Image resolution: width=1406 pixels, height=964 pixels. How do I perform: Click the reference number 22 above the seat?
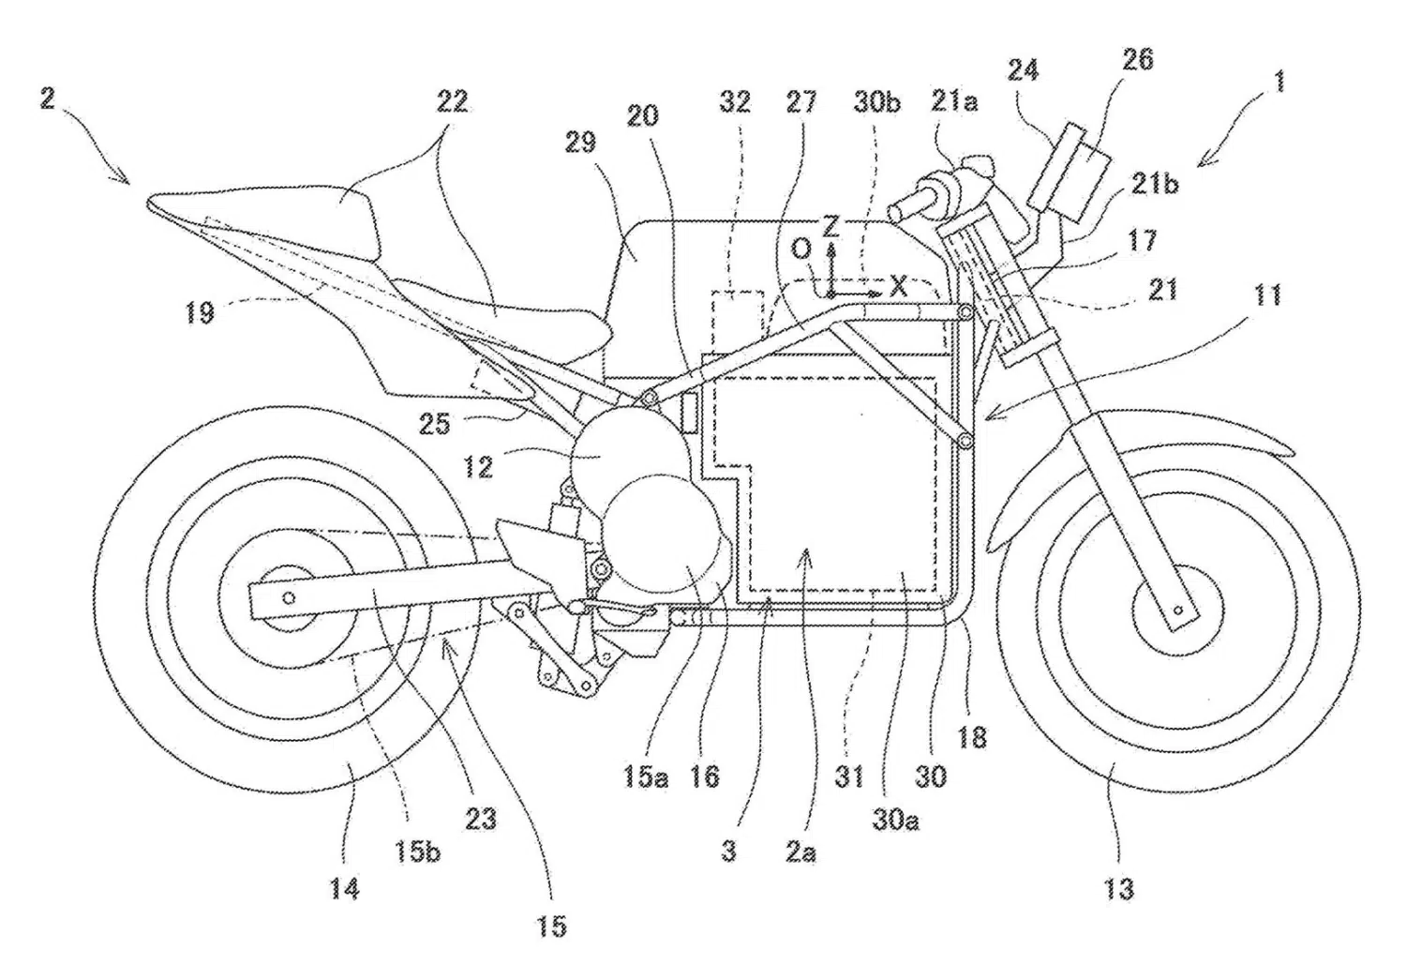pos(452,101)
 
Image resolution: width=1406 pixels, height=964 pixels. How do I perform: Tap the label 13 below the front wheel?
pos(1119,889)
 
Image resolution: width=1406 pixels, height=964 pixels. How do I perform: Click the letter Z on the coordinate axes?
pos(830,226)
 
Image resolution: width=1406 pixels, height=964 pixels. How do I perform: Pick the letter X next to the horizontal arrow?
pos(899,287)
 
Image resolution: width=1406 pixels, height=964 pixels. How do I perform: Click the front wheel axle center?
pos(1178,610)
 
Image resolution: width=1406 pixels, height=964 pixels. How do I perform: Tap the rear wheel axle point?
pos(290,598)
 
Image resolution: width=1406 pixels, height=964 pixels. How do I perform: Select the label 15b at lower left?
pos(418,851)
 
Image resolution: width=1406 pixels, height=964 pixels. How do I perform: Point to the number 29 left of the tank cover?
pos(579,143)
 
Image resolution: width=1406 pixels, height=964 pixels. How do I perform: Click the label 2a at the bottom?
pos(800,852)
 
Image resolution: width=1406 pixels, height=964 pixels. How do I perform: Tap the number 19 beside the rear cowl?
pos(200,311)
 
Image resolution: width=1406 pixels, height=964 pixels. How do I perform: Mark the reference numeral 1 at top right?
pos(1279,83)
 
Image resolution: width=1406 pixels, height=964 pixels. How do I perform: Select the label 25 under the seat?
pos(435,424)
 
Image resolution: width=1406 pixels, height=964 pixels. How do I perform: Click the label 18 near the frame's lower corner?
pos(972,736)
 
